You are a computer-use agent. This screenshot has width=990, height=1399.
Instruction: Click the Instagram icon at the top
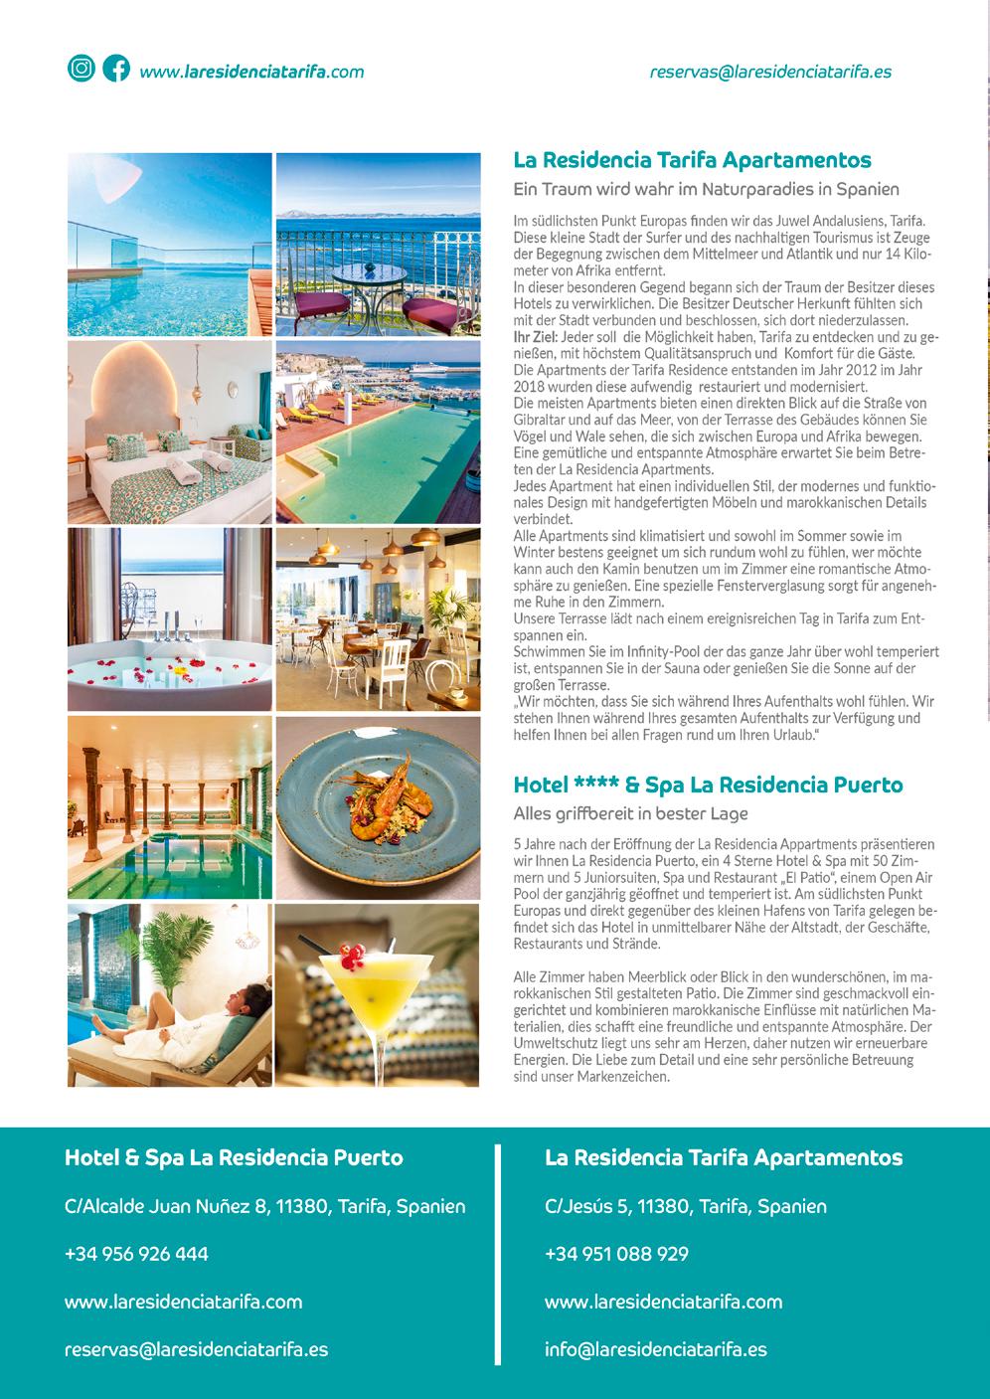[x=81, y=69]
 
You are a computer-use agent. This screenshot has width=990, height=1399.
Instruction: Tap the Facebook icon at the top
[x=116, y=69]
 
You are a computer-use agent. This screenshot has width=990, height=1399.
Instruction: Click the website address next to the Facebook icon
[x=251, y=72]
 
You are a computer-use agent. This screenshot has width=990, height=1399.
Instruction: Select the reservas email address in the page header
[x=769, y=72]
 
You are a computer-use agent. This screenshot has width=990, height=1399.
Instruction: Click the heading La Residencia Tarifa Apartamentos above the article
[x=692, y=160]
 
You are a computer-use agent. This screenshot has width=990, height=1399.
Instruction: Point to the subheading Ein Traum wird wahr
[x=706, y=189]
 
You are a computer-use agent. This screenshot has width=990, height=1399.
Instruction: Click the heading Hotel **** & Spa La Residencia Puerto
[x=708, y=785]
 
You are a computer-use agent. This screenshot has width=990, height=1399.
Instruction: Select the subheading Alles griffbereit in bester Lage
[x=630, y=813]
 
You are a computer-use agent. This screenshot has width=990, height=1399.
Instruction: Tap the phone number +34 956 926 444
[x=136, y=1254]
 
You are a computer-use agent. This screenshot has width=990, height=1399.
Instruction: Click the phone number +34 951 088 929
[x=616, y=1254]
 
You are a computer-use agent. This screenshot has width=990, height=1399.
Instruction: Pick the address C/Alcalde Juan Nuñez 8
[x=264, y=1206]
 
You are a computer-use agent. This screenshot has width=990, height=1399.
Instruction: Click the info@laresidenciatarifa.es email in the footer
[x=655, y=1349]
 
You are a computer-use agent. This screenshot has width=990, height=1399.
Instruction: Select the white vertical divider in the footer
[x=497, y=1255]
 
